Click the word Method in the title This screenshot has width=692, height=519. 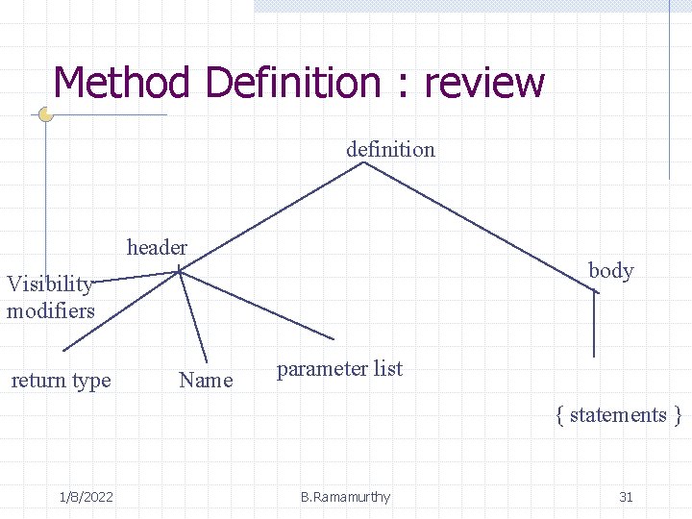pyautogui.click(x=123, y=83)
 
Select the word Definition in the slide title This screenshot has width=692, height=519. pyautogui.click(x=295, y=83)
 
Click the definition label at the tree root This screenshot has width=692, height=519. pyautogui.click(x=390, y=149)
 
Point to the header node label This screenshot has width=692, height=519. pyautogui.click(x=157, y=247)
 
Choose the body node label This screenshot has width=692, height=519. pyautogui.click(x=610, y=270)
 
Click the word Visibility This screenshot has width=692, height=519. pyautogui.click(x=49, y=284)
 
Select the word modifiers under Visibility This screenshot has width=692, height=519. pyautogui.click(x=50, y=310)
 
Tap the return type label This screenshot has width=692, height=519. pyautogui.click(x=61, y=381)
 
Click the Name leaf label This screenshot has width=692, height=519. pyautogui.click(x=206, y=381)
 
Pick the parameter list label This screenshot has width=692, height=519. pyautogui.click(x=339, y=369)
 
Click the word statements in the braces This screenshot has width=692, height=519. pyautogui.click(x=618, y=415)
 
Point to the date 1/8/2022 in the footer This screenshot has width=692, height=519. pyautogui.click(x=86, y=497)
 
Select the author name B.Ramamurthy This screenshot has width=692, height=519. pyautogui.click(x=345, y=497)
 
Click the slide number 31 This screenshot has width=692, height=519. pyautogui.click(x=626, y=497)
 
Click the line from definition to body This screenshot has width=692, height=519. pyautogui.click(x=481, y=226)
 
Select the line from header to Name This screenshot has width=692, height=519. pyautogui.click(x=193, y=317)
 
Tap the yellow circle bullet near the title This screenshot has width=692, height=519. pyautogui.click(x=45, y=114)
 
